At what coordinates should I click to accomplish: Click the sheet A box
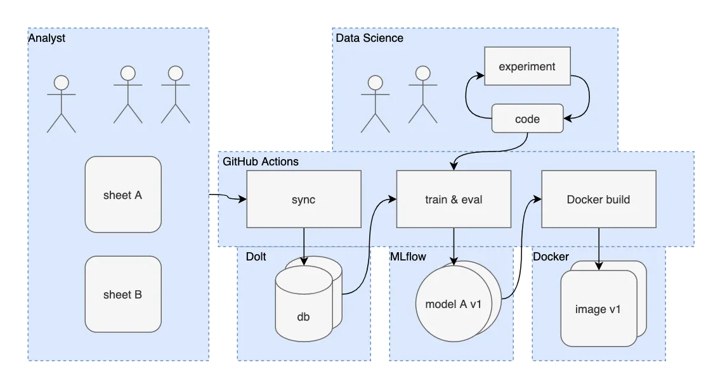pyautogui.click(x=123, y=195)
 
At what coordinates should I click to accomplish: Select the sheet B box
pyautogui.click(x=123, y=294)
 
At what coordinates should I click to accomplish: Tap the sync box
pyautogui.click(x=303, y=199)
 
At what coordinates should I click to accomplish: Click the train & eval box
pyautogui.click(x=453, y=199)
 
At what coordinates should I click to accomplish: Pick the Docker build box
pyautogui.click(x=598, y=199)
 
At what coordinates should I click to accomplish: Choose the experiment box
pyautogui.click(x=526, y=66)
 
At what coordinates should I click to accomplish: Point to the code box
pyautogui.click(x=527, y=119)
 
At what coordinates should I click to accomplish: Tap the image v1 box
pyautogui.click(x=598, y=309)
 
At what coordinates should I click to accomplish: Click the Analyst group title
pyautogui.click(x=47, y=39)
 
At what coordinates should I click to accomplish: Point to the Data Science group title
pyautogui.click(x=369, y=38)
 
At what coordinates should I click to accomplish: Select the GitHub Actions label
pyautogui.click(x=260, y=162)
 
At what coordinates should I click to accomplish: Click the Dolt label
pyautogui.click(x=256, y=257)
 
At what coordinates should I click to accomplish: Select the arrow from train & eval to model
pyautogui.click(x=454, y=244)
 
